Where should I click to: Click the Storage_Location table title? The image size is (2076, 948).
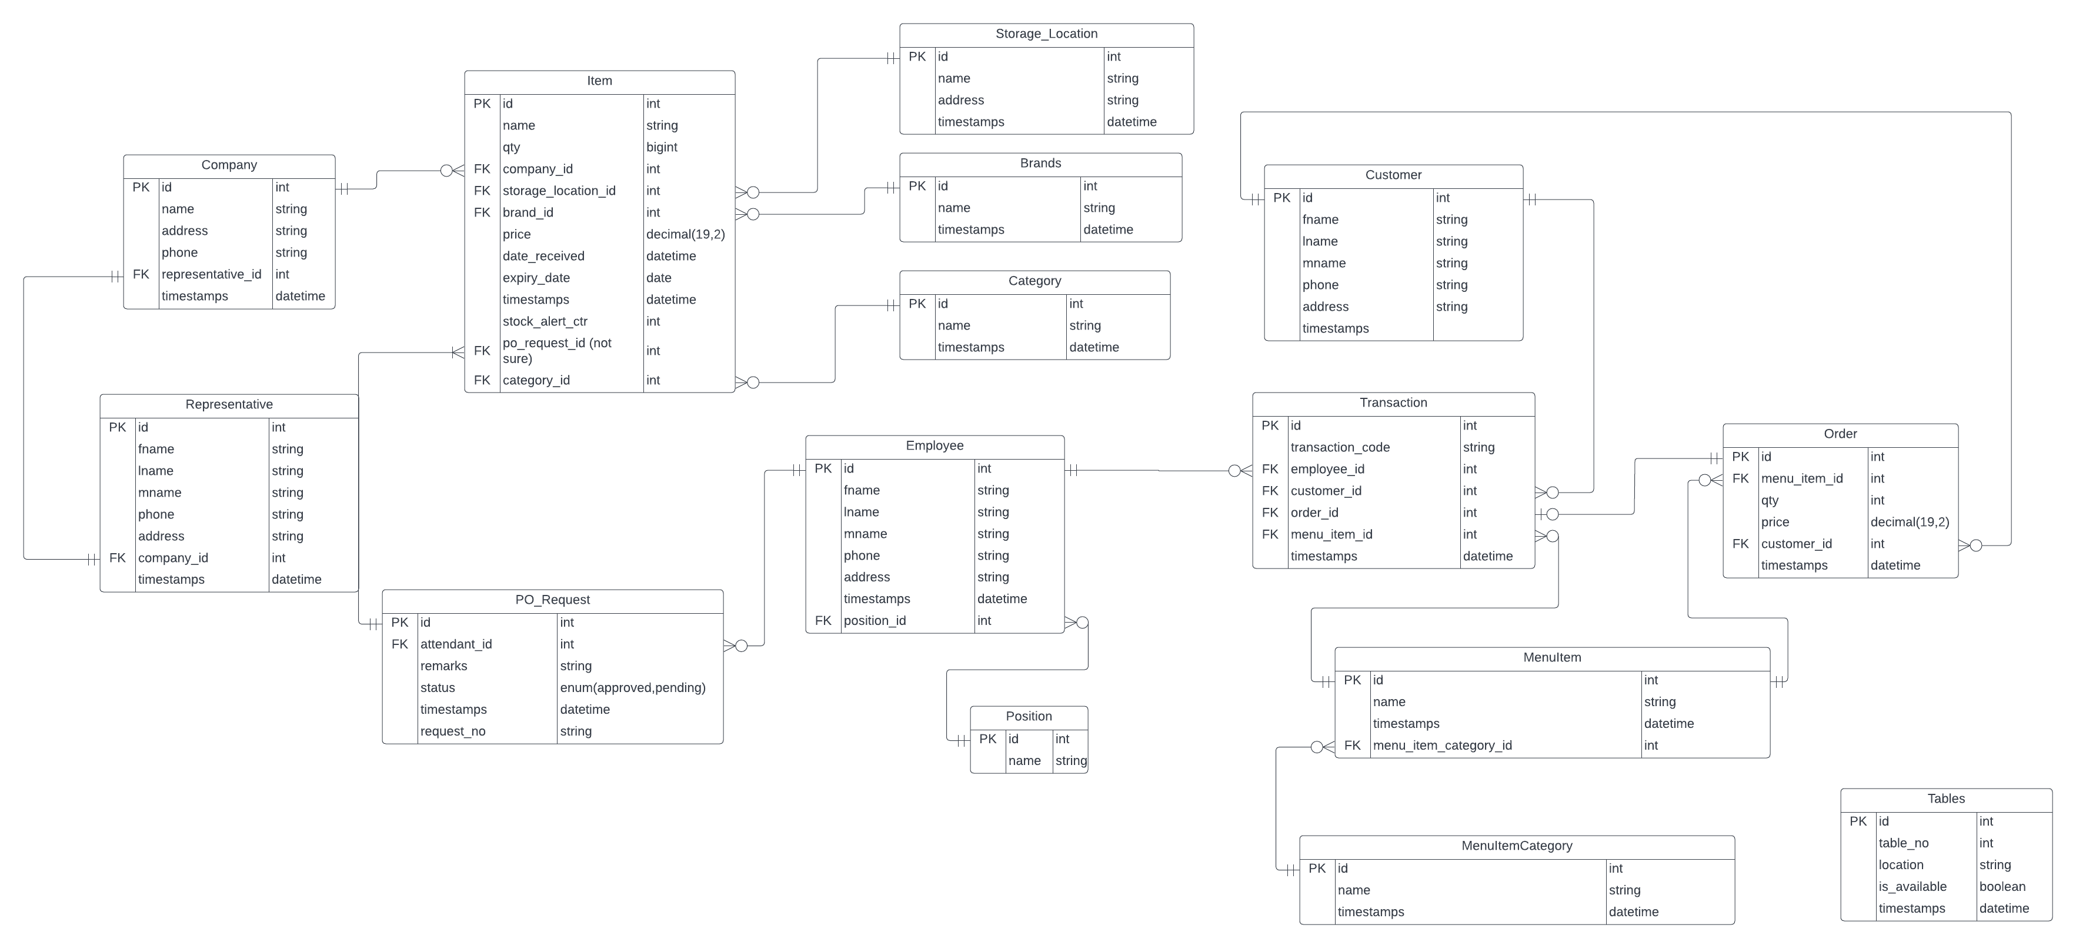pos(1046,34)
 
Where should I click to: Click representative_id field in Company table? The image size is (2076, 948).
pos(211,275)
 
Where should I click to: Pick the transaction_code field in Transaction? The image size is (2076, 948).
pos(1340,447)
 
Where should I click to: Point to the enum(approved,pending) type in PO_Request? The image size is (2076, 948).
pos(633,688)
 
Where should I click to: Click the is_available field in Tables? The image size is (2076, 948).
pos(1913,887)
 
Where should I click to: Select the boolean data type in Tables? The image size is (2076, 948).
pos(2002,887)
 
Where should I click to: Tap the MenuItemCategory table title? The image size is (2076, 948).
pos(1517,846)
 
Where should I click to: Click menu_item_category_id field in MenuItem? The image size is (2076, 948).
pos(1442,746)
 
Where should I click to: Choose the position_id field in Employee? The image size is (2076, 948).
pos(875,621)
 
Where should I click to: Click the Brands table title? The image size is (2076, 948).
pos(1040,164)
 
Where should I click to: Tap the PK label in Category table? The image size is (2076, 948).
pos(917,304)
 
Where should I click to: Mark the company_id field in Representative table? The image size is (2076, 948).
pos(172,558)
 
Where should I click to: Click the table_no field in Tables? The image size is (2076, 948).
pos(1904,843)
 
